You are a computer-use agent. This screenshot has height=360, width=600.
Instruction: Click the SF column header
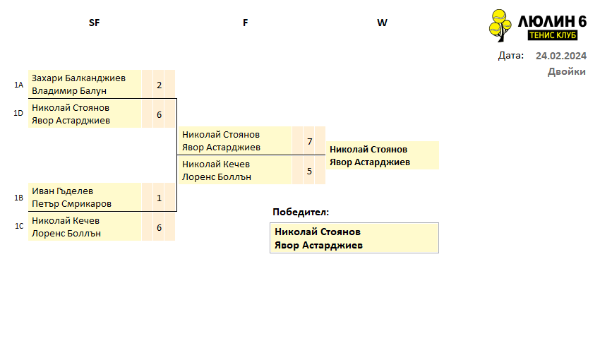94,23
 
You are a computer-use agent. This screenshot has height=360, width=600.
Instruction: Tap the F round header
245,23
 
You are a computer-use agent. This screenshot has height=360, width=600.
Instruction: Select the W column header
382,23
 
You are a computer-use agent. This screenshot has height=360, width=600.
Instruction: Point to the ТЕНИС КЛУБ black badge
553,35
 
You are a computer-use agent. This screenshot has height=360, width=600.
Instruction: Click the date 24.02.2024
561,56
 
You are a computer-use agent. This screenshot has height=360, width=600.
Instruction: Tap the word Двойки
567,71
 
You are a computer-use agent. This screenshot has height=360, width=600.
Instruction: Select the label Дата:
511,56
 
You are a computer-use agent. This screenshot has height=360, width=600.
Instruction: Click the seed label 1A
19,85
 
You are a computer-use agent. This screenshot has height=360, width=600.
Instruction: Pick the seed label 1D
18,113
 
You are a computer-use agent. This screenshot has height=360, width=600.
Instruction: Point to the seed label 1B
19,198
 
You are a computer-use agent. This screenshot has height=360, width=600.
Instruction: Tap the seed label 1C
19,226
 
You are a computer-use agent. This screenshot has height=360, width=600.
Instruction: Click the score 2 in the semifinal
160,85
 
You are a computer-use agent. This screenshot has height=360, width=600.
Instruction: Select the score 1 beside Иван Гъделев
160,198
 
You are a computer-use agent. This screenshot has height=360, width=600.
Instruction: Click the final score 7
310,142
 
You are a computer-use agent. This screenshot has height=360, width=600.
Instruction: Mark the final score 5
310,171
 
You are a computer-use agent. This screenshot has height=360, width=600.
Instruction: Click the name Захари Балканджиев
78,78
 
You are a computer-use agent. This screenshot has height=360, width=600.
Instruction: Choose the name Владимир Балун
69,91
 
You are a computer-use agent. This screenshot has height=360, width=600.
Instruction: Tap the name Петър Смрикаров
71,204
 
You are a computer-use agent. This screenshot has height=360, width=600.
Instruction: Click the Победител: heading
301,212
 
